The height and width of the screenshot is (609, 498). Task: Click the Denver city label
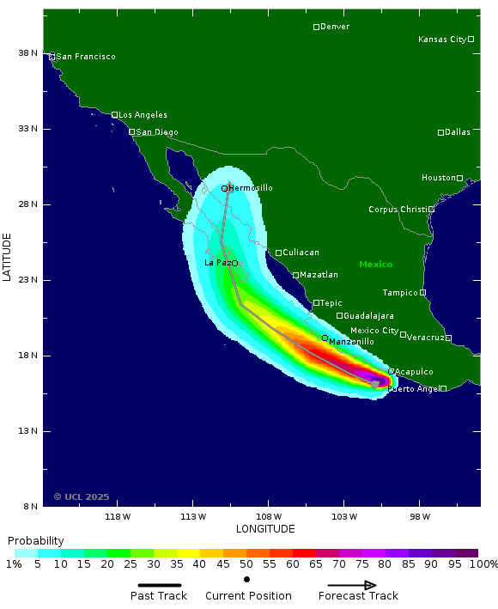point(335,27)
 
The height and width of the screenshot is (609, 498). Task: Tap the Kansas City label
point(441,40)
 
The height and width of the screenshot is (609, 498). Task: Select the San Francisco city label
point(86,57)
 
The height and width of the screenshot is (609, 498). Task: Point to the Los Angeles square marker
point(115,114)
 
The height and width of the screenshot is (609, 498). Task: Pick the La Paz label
point(216,262)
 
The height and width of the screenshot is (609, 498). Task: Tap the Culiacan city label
point(301,253)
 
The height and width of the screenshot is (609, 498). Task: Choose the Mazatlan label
point(319,275)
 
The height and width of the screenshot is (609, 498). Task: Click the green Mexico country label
point(375,265)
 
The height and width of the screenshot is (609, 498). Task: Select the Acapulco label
point(414,372)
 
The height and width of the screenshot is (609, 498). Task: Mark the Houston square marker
point(459,178)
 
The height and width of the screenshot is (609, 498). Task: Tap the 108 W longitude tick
point(268,517)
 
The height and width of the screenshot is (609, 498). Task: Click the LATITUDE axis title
point(8,256)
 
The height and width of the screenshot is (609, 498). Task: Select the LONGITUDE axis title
point(265,529)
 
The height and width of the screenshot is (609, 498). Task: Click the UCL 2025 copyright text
point(82,496)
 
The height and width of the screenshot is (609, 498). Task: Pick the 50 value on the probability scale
point(246,564)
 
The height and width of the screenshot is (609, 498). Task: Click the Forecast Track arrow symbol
point(352,585)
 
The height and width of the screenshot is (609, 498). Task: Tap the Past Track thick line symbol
point(160,585)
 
